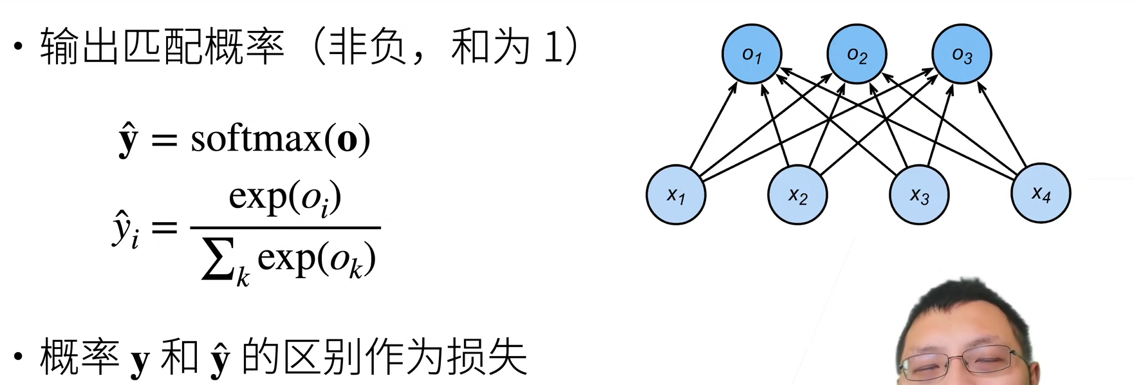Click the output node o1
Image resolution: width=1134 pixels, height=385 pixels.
click(752, 54)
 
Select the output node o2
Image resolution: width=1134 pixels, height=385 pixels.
click(857, 54)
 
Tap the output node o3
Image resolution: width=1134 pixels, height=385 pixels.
click(962, 54)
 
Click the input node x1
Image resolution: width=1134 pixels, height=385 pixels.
click(676, 194)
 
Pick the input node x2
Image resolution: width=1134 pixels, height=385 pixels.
click(797, 194)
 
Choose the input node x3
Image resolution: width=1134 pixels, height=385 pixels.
click(919, 194)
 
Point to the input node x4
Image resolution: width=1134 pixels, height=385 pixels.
click(1041, 193)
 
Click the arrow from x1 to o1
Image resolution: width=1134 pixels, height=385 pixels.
click(713, 125)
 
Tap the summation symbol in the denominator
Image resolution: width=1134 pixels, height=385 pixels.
click(218, 259)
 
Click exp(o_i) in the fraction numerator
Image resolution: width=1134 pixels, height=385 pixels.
click(284, 197)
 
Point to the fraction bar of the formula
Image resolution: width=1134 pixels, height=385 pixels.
click(285, 227)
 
